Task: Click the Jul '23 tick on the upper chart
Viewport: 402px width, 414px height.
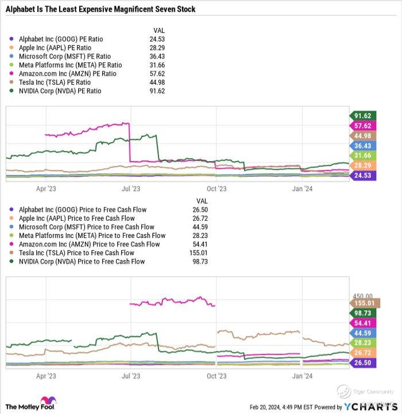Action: click(132, 188)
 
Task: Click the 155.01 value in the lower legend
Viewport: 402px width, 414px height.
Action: click(202, 253)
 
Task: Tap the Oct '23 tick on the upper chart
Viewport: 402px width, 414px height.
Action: click(217, 188)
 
